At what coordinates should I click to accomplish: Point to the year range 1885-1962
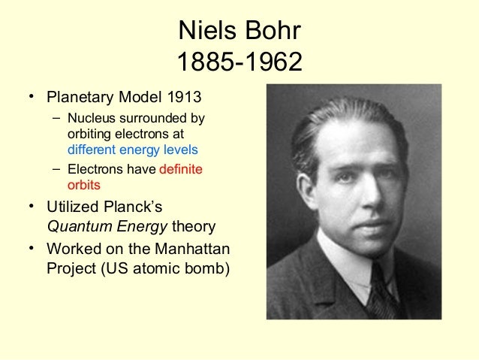[239, 62]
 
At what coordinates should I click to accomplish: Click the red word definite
[180, 170]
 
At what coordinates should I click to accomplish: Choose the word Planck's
[131, 206]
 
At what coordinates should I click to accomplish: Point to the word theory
[194, 226]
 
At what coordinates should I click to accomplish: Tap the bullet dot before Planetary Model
[32, 98]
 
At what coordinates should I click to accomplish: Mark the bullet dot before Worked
[32, 247]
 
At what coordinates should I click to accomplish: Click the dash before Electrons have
[57, 170]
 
